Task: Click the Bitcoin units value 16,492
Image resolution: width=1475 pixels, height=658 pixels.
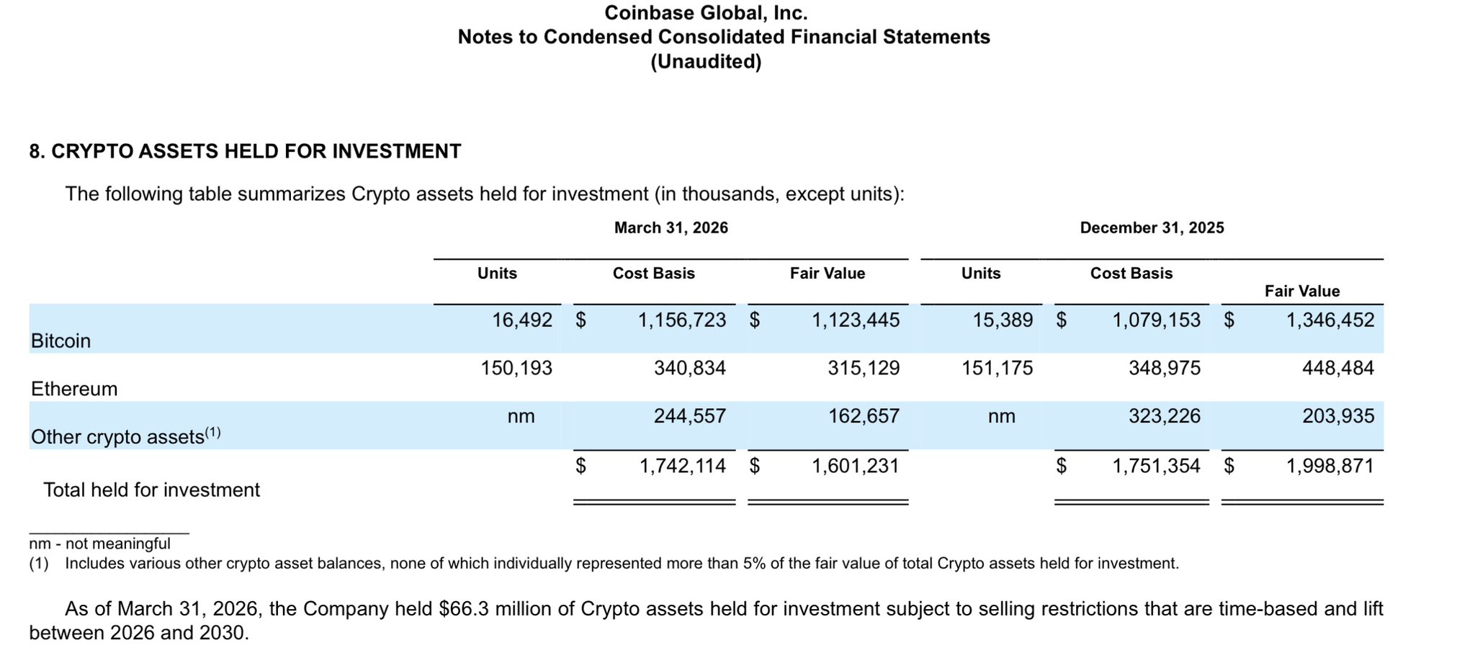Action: [522, 320]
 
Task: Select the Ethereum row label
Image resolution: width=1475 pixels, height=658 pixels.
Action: [74, 389]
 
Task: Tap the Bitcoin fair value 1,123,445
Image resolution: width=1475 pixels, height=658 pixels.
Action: [856, 320]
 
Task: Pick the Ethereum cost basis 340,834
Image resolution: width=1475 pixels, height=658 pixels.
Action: [690, 369]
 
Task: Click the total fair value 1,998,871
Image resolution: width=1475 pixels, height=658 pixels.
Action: [1330, 467]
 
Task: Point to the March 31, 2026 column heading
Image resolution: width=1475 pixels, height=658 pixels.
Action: [671, 228]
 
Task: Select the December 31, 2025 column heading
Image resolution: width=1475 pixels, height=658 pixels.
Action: [1152, 228]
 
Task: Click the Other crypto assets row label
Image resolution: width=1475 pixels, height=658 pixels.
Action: [126, 436]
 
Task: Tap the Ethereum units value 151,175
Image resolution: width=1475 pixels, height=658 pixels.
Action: [997, 369]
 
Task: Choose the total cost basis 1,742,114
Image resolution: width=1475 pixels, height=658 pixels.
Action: [683, 467]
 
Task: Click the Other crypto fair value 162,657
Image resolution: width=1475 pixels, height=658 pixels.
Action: [864, 416]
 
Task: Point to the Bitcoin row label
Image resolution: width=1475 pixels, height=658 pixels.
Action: [61, 341]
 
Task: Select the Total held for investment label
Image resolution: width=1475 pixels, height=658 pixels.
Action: [152, 490]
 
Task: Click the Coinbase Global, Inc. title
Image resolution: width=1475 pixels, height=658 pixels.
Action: [706, 13]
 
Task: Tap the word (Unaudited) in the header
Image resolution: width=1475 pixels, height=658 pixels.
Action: [706, 62]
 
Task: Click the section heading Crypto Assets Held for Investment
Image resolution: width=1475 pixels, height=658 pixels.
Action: [256, 152]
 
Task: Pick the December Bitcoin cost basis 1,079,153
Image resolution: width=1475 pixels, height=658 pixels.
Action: [1157, 320]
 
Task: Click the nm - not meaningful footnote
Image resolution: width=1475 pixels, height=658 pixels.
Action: [100, 544]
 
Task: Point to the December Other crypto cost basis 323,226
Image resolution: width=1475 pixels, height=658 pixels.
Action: [1165, 416]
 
